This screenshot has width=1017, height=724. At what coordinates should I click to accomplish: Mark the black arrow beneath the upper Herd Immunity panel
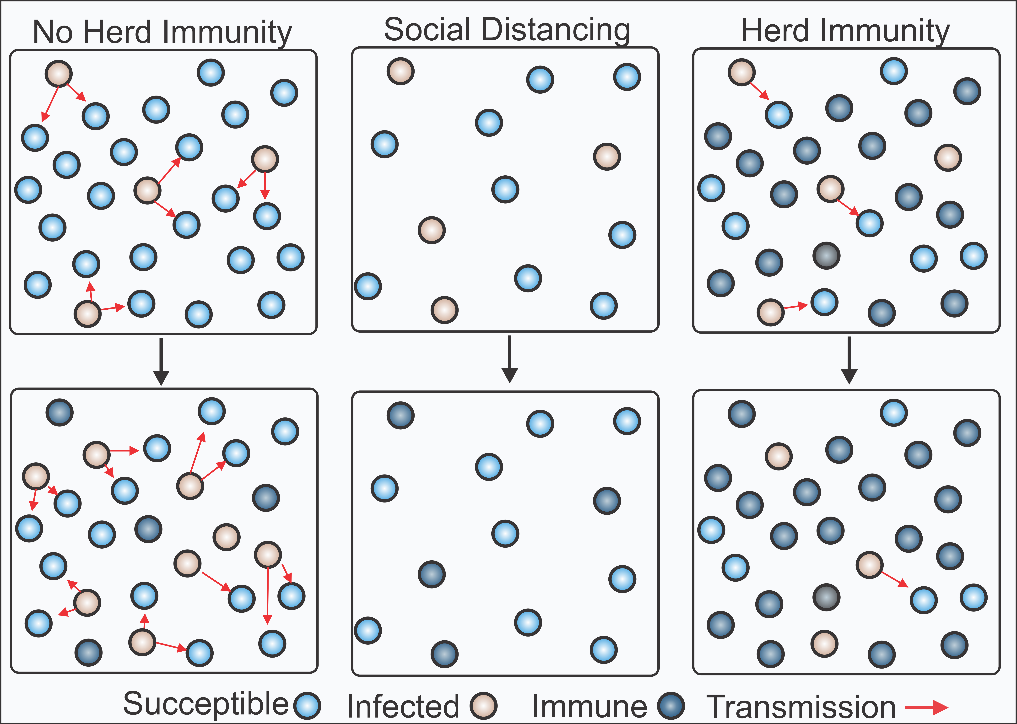coord(849,360)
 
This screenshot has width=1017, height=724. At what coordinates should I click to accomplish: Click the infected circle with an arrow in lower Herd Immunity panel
coord(869,565)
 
